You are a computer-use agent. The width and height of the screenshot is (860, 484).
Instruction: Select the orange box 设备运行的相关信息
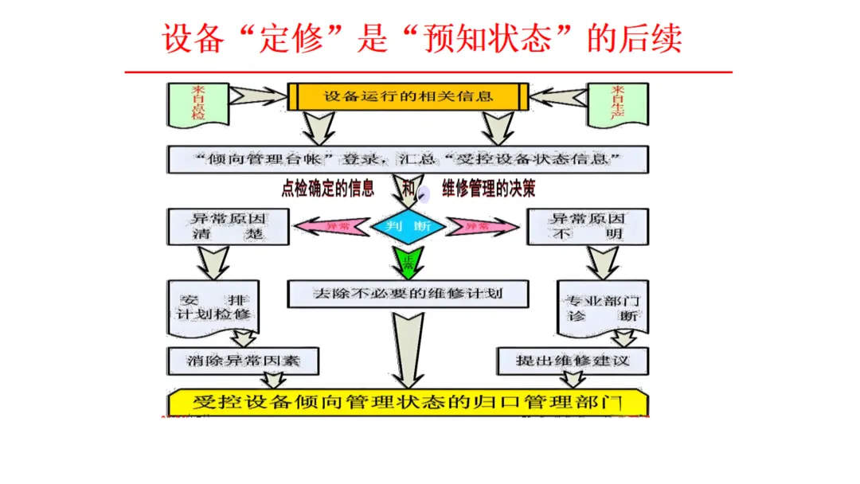pyautogui.click(x=408, y=97)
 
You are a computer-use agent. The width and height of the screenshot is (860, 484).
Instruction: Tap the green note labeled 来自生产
pyautogui.click(x=617, y=104)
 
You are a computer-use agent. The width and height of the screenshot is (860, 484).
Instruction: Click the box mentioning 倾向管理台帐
pyautogui.click(x=408, y=159)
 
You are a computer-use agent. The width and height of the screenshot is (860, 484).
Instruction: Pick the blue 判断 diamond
pyautogui.click(x=407, y=226)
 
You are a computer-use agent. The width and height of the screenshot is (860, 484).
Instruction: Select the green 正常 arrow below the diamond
pyautogui.click(x=407, y=260)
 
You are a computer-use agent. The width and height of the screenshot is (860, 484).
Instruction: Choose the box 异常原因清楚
pyautogui.click(x=217, y=226)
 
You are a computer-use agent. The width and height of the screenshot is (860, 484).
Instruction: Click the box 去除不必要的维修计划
pyautogui.click(x=408, y=294)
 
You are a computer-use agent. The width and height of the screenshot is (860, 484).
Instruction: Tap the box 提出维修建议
pyautogui.click(x=573, y=361)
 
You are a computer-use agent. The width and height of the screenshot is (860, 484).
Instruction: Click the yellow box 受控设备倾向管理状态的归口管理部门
pyautogui.click(x=408, y=400)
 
